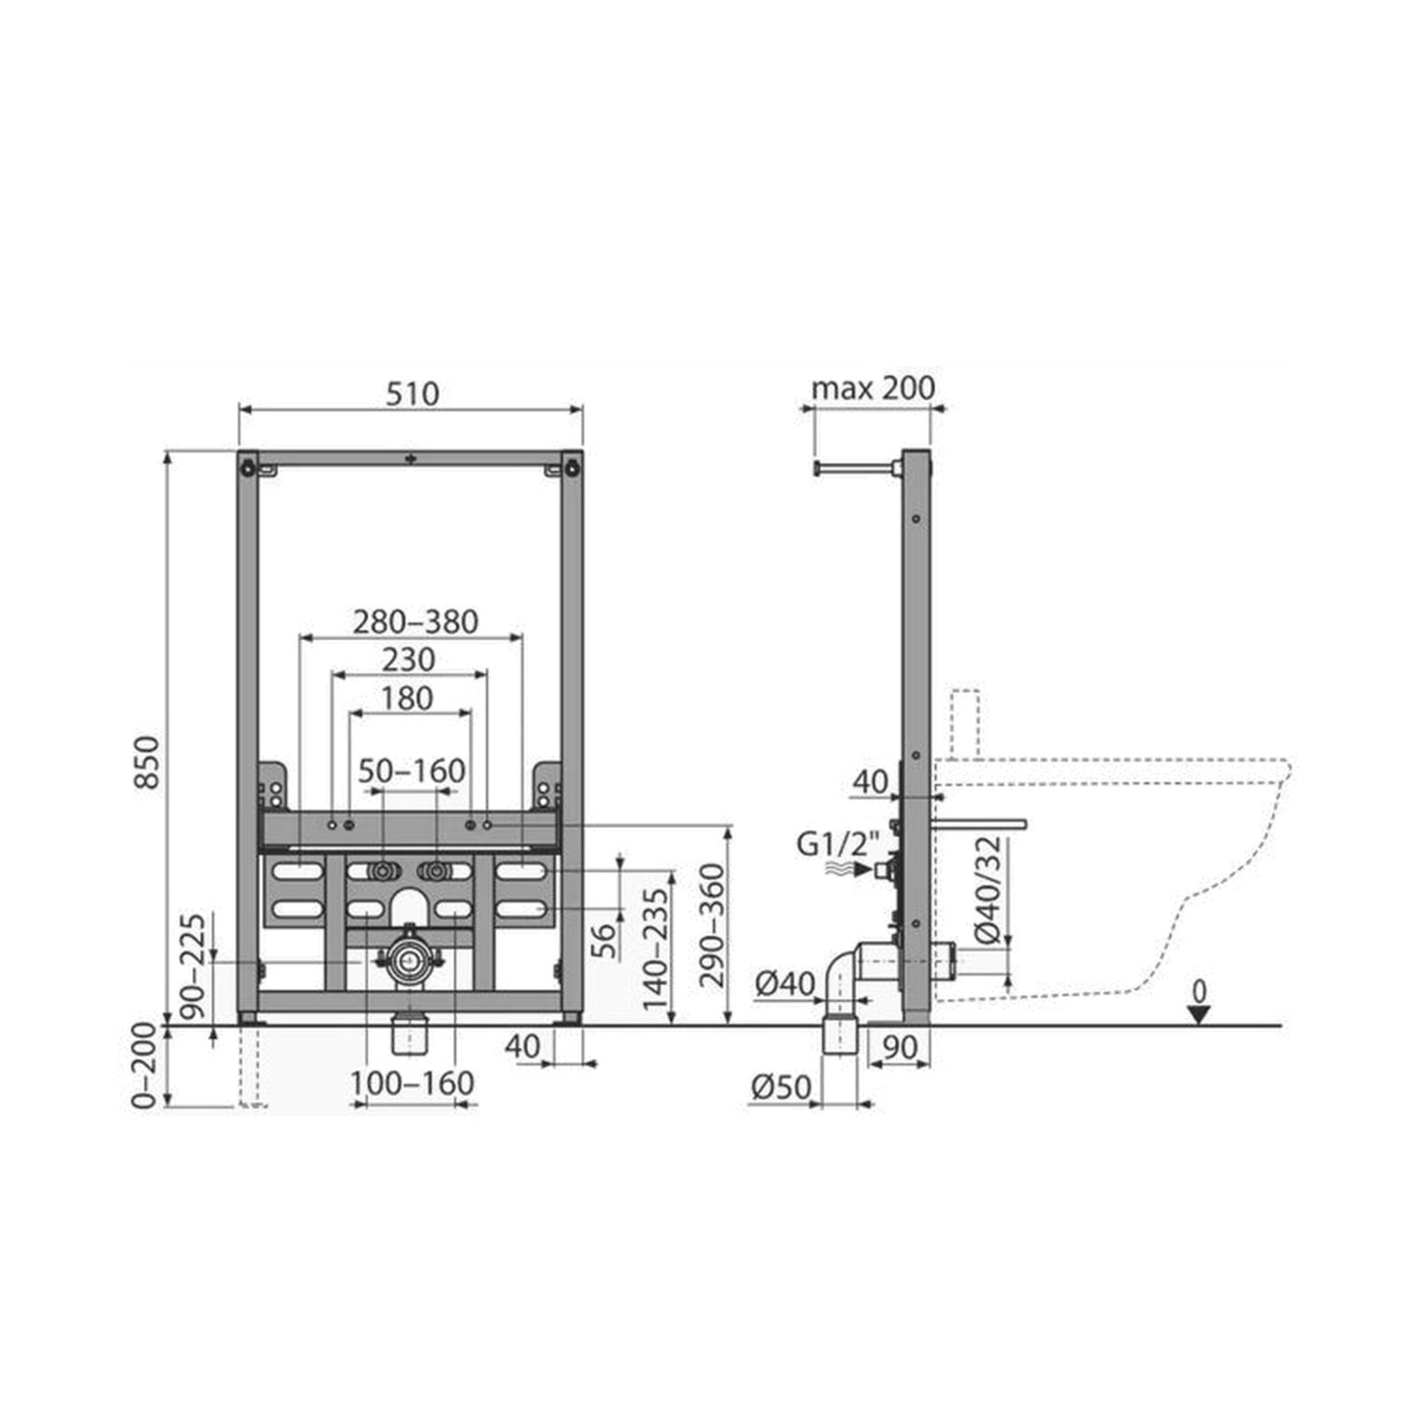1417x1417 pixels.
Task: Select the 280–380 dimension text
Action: click(x=415, y=622)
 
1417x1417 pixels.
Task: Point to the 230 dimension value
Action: click(x=408, y=660)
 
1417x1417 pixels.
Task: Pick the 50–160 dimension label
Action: click(x=412, y=770)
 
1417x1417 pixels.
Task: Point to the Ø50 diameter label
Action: click(x=781, y=1087)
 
